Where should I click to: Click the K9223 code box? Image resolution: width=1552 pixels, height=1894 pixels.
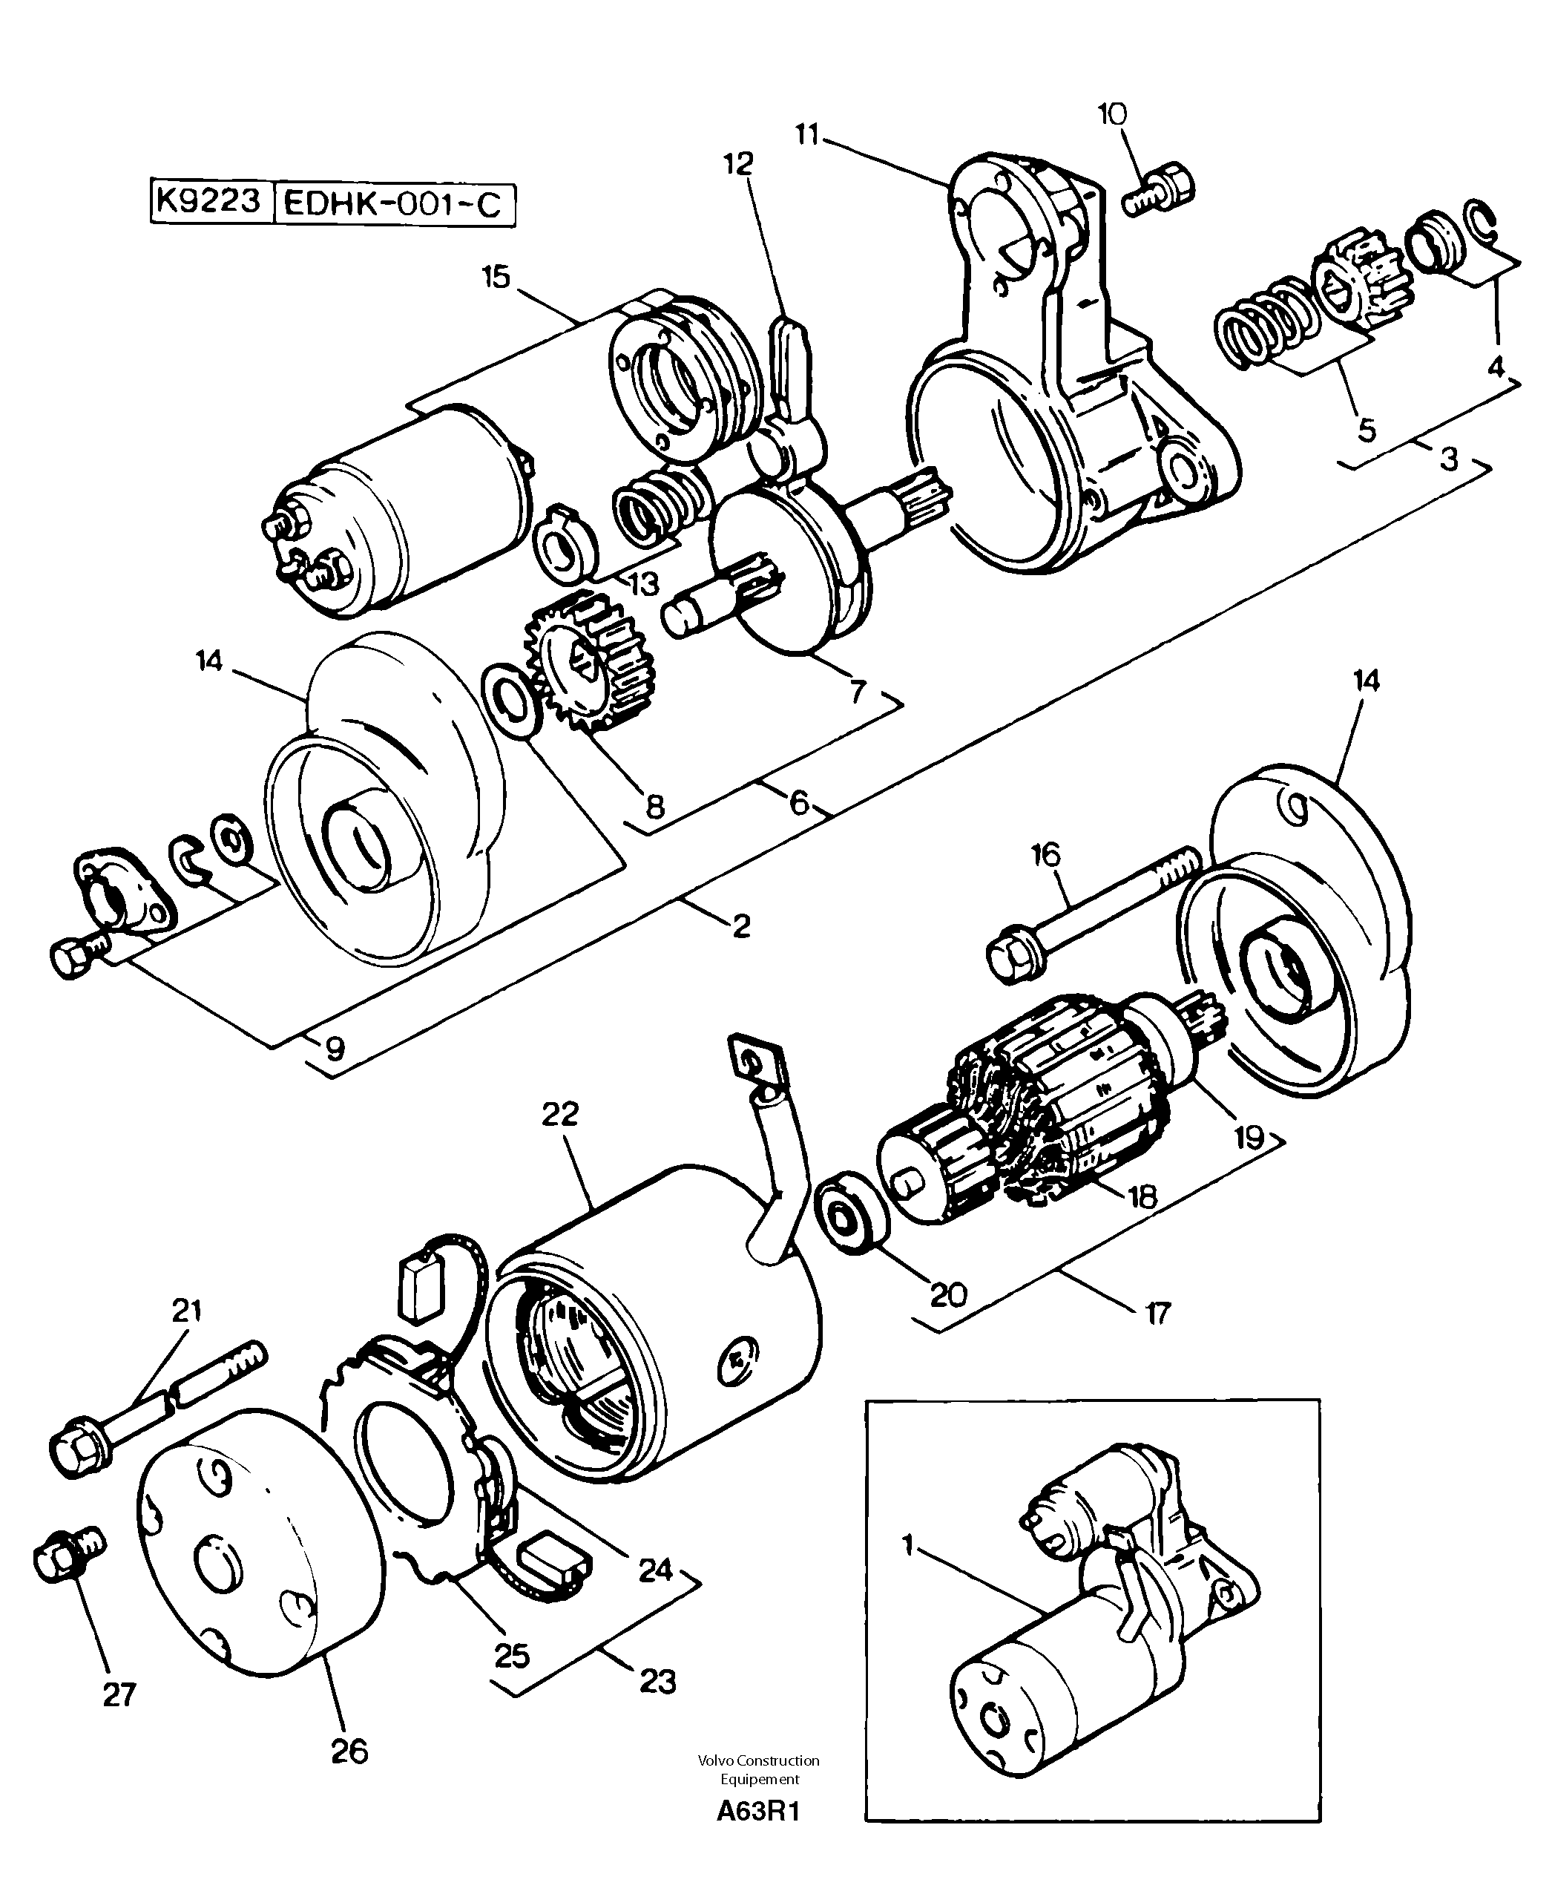[209, 201]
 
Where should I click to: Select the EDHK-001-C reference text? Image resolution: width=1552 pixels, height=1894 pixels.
[393, 205]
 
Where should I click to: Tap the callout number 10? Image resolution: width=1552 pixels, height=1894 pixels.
[1112, 114]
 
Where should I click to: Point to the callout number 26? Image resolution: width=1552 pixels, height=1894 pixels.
[349, 1750]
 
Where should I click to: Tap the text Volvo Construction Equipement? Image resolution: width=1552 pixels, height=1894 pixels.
[759, 1768]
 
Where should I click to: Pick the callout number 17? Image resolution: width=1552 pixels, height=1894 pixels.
[1158, 1313]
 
